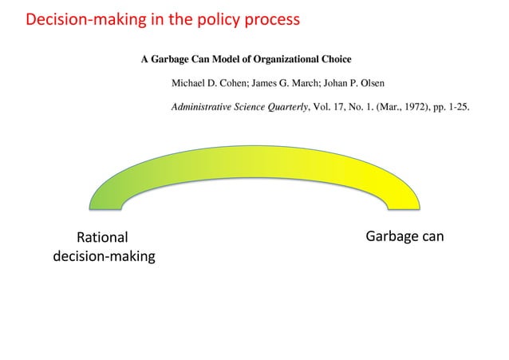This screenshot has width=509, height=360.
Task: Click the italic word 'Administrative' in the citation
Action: [x=204, y=109]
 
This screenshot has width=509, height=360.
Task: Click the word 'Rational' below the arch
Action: [x=101, y=238]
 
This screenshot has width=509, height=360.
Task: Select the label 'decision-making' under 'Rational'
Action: [x=104, y=257]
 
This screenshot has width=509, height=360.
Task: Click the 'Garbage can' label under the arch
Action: [x=404, y=237]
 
